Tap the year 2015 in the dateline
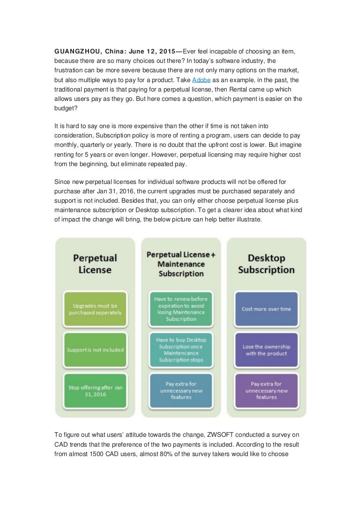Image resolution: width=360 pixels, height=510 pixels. (168, 51)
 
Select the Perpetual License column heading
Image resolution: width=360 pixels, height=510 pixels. (95, 264)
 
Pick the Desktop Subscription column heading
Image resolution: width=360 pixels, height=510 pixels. (266, 264)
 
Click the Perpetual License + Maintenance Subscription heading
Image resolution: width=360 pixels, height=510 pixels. (181, 264)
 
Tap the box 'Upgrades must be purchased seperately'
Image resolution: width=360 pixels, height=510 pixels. (95, 308)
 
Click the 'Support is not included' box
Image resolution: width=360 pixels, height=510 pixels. (95, 350)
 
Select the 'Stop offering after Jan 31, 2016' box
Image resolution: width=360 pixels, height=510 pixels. (95, 390)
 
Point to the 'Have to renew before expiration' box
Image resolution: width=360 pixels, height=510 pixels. (181, 308)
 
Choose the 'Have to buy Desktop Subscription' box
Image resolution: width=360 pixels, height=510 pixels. (181, 350)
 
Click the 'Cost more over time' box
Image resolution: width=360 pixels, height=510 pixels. (266, 309)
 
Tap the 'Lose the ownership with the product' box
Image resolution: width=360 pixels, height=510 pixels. (266, 350)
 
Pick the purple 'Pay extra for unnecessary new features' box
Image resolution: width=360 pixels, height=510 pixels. (266, 390)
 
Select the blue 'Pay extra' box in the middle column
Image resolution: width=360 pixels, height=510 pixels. (181, 390)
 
